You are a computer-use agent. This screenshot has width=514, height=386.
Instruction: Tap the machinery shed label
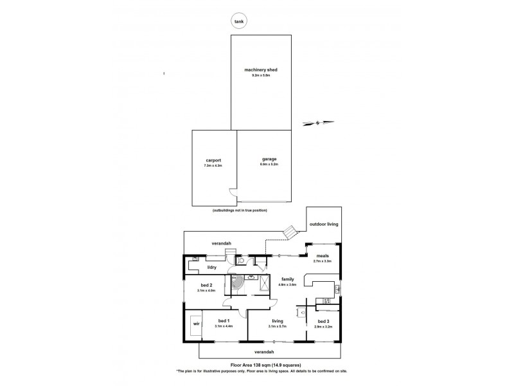click(x=260, y=69)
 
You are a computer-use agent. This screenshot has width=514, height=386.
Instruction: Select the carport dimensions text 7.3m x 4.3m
click(x=213, y=166)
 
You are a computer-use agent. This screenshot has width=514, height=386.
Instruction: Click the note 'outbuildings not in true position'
click(x=239, y=211)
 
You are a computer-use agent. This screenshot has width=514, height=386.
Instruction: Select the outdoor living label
click(x=323, y=225)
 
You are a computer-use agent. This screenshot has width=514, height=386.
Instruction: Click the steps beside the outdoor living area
click(x=291, y=231)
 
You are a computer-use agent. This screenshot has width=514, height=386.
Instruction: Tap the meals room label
click(x=322, y=255)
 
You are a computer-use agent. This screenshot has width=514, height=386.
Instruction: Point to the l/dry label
click(x=211, y=266)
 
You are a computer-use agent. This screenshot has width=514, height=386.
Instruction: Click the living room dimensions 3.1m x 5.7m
click(x=278, y=326)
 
